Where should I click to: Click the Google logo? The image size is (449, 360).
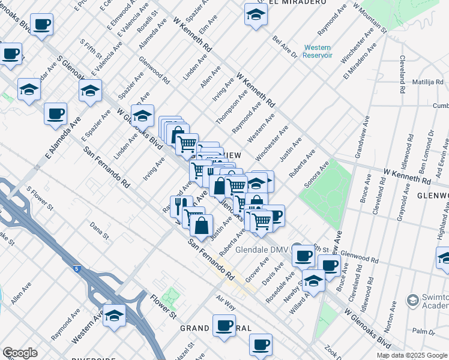(x=20, y=353)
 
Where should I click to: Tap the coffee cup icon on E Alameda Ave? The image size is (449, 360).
(x=55, y=113)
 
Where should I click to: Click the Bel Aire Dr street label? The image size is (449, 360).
(x=285, y=47)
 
